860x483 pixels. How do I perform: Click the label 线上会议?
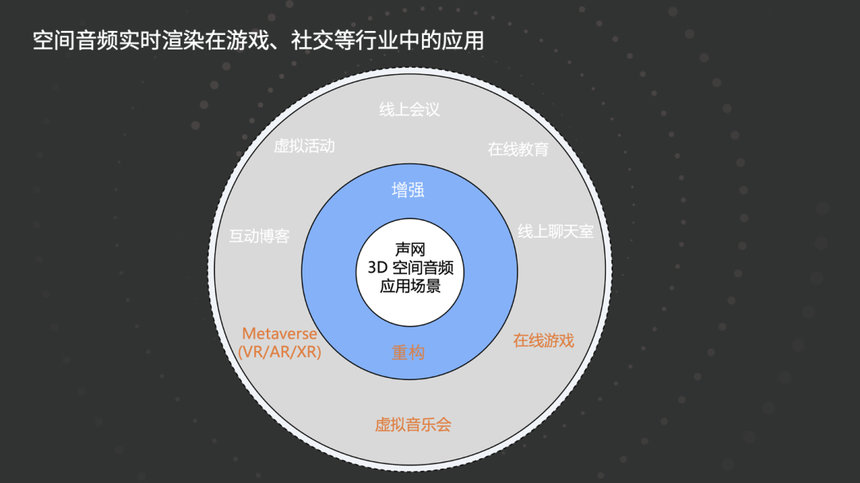(x=409, y=110)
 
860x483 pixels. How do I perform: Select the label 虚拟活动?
(x=304, y=147)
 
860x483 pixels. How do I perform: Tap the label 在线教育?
(x=518, y=149)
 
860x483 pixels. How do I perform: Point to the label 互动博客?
(x=260, y=237)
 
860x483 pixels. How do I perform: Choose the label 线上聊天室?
(x=556, y=232)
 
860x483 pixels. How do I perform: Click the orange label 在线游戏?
(x=543, y=341)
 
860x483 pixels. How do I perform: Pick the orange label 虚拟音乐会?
(x=413, y=425)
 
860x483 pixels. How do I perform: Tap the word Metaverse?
(x=279, y=334)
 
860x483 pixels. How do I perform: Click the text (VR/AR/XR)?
(x=279, y=352)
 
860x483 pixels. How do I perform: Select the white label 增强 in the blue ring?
(x=408, y=190)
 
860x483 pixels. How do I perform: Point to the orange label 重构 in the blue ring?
(x=408, y=352)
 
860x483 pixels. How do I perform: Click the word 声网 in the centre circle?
(x=409, y=249)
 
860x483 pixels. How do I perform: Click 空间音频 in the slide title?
(x=76, y=41)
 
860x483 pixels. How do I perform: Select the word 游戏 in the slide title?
(x=248, y=41)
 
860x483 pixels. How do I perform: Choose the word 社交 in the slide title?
(x=313, y=41)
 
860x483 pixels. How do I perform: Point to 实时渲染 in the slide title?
(x=162, y=41)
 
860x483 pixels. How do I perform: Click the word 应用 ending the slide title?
(x=463, y=41)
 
